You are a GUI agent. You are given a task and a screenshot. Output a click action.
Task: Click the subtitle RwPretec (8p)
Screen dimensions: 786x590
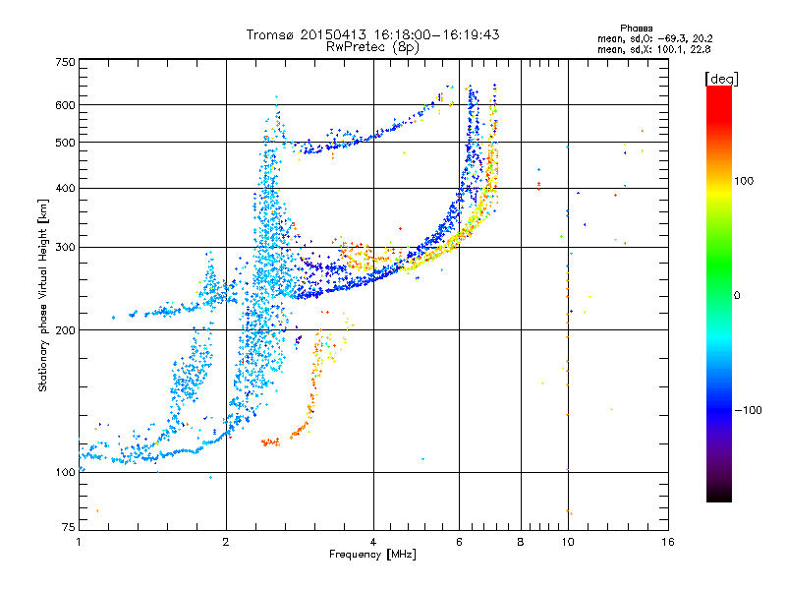coord(372,47)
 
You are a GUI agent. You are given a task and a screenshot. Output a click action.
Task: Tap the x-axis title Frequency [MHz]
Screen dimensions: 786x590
coord(372,555)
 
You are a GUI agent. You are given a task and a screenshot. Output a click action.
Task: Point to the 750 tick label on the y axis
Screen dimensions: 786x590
coord(66,62)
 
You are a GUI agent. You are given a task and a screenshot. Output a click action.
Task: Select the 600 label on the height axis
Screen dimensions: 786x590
coord(66,105)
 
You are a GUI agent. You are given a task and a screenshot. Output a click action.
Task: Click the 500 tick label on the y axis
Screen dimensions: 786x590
coord(66,143)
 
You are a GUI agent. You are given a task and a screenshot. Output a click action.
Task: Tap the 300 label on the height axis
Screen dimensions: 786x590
coord(66,248)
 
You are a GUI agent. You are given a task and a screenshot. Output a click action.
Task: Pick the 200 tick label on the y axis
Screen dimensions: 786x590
coord(66,330)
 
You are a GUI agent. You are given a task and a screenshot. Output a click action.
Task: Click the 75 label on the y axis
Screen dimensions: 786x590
coord(69,527)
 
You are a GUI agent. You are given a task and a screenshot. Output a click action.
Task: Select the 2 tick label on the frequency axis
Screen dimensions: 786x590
coord(226,542)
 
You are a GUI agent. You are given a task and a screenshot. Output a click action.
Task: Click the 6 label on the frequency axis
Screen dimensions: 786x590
coord(459,542)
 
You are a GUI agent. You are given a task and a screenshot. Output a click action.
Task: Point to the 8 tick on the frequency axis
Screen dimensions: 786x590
coord(521,542)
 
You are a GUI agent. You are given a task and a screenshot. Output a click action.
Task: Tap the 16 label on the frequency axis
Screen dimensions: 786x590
coord(668,542)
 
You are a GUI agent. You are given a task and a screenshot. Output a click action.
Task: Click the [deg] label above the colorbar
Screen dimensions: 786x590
coord(721,79)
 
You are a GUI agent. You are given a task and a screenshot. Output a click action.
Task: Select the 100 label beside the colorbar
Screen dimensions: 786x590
coord(744,181)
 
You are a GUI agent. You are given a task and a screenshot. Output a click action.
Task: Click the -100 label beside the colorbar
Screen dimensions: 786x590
coord(749,410)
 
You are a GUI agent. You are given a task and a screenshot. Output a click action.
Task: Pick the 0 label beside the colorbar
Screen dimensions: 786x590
coord(737,296)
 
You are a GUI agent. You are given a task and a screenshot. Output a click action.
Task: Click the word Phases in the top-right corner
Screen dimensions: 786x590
coord(637,29)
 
